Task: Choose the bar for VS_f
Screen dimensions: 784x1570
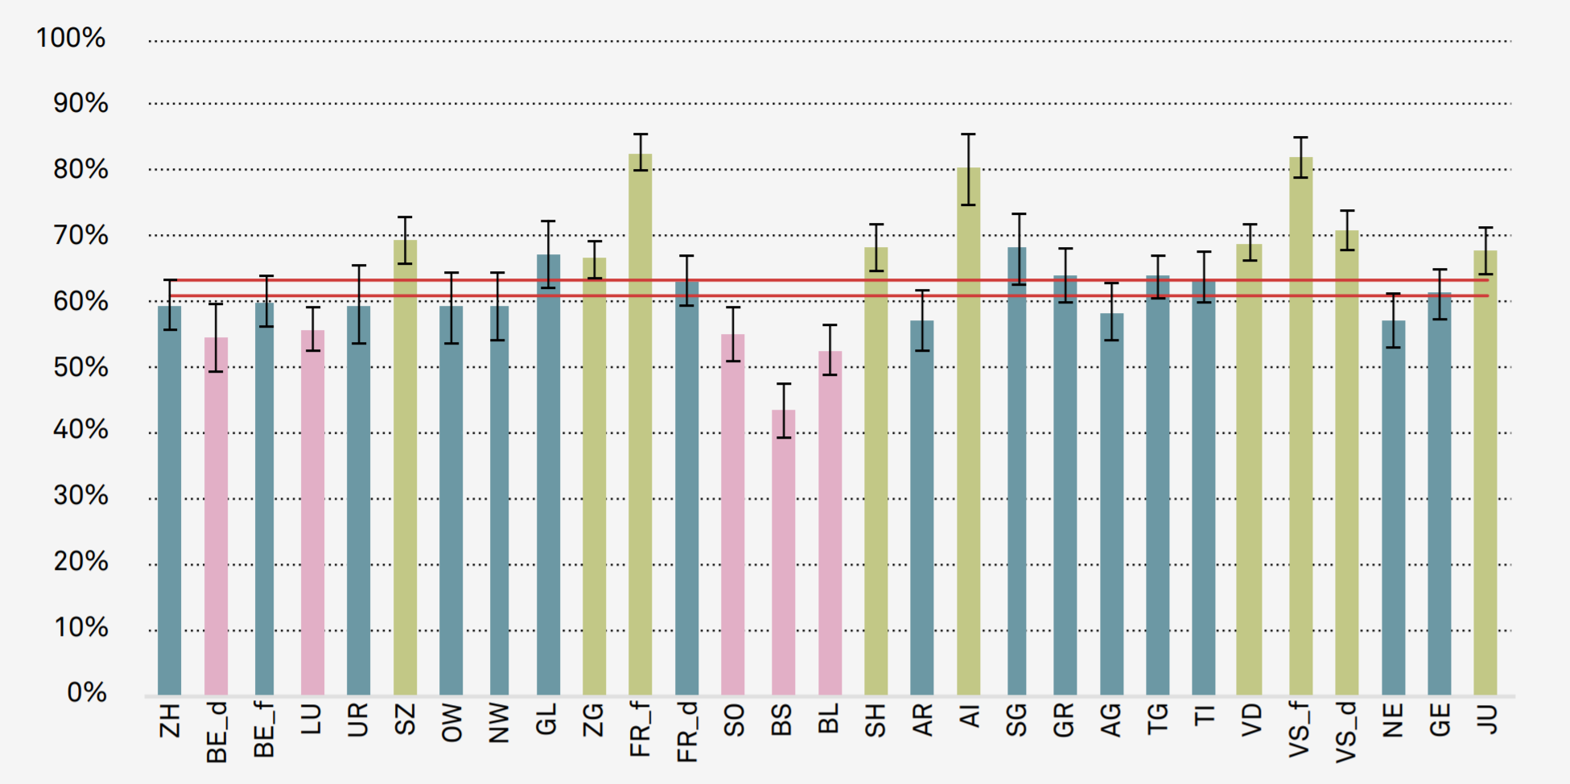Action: (1300, 426)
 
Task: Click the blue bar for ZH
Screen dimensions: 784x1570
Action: (169, 500)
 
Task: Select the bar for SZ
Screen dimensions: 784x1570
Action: (405, 467)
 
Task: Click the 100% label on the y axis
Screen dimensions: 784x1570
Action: (71, 38)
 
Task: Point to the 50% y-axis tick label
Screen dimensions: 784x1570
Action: (80, 367)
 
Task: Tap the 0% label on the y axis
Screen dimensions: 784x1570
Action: (87, 692)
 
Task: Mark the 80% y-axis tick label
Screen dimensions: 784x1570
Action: (80, 169)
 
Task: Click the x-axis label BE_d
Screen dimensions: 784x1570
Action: (216, 732)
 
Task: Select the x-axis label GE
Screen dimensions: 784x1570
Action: (1440, 720)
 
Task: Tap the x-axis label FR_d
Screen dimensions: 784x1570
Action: (686, 732)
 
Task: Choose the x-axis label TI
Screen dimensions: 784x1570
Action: (1204, 714)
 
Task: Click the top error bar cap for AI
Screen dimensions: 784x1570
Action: (968, 134)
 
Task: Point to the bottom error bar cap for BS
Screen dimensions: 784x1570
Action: (783, 437)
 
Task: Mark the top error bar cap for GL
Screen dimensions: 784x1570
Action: (548, 221)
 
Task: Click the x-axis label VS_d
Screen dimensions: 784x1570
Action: (1346, 732)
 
